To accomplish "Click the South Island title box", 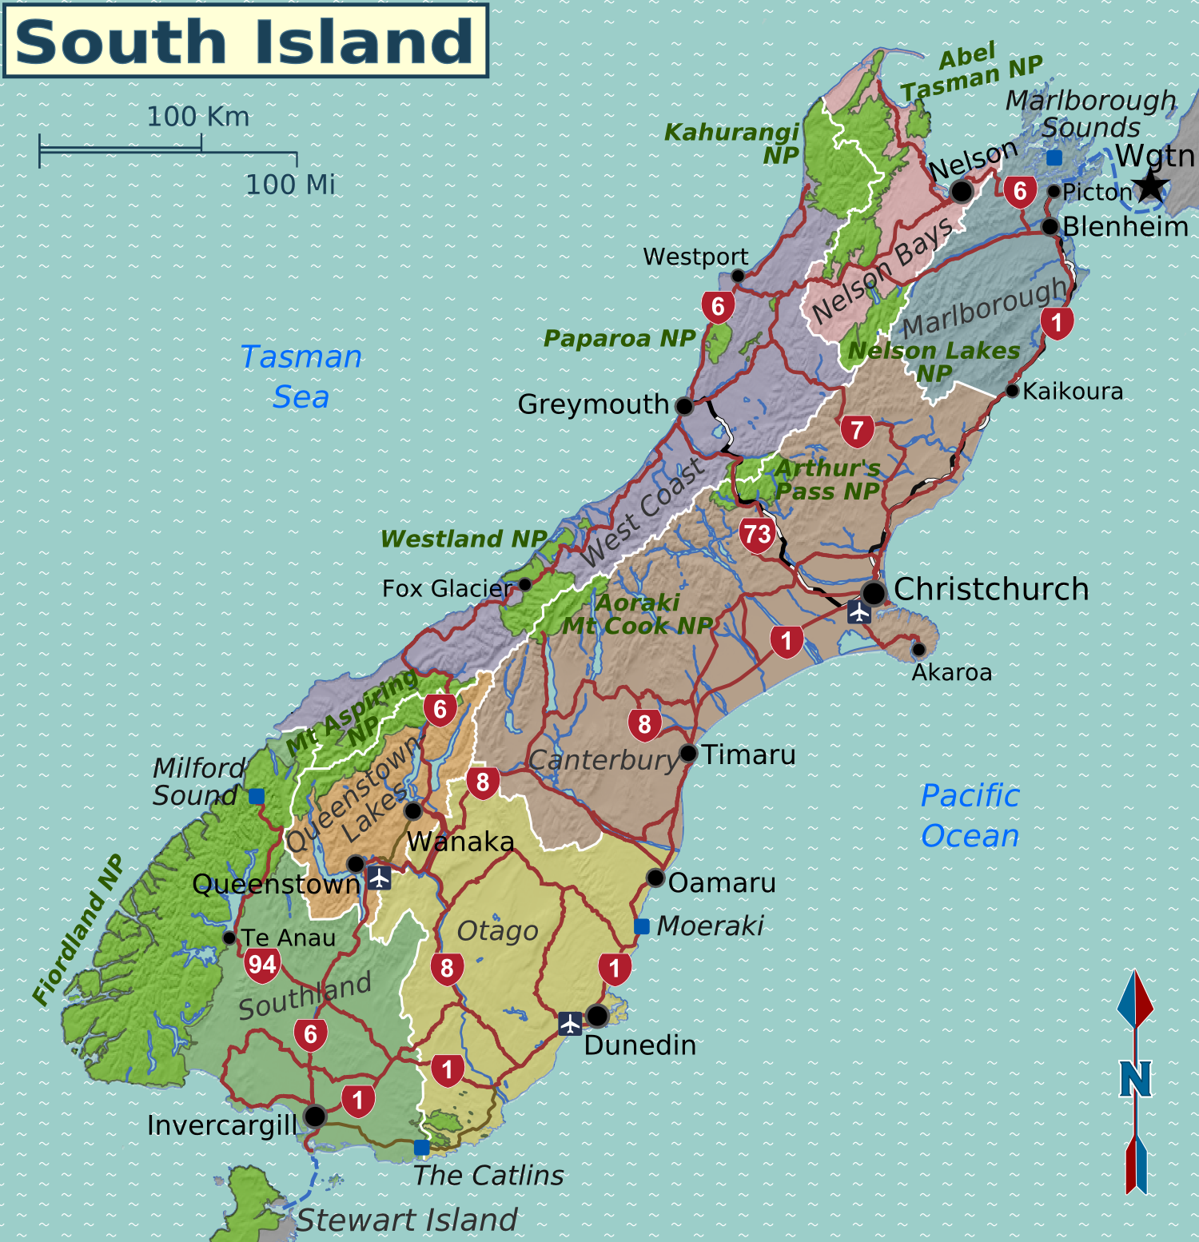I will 245,41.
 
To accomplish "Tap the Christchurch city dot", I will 874,593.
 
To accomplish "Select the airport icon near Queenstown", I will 379,878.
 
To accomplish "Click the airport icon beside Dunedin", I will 570,1023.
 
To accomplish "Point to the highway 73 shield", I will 757,535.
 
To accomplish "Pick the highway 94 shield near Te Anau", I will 262,965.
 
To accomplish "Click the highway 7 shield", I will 857,431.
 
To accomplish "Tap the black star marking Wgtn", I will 1151,185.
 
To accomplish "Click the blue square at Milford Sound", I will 257,796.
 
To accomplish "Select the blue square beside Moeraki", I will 642,926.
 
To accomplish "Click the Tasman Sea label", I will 301,376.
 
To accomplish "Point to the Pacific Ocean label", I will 970,815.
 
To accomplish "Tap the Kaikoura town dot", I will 1012,391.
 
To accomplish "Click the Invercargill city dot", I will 315,1116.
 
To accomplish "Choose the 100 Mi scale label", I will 290,185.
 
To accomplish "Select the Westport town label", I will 695,257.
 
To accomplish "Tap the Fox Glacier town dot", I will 525,584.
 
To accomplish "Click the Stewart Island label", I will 407,1220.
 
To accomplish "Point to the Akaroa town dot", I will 918,649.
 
